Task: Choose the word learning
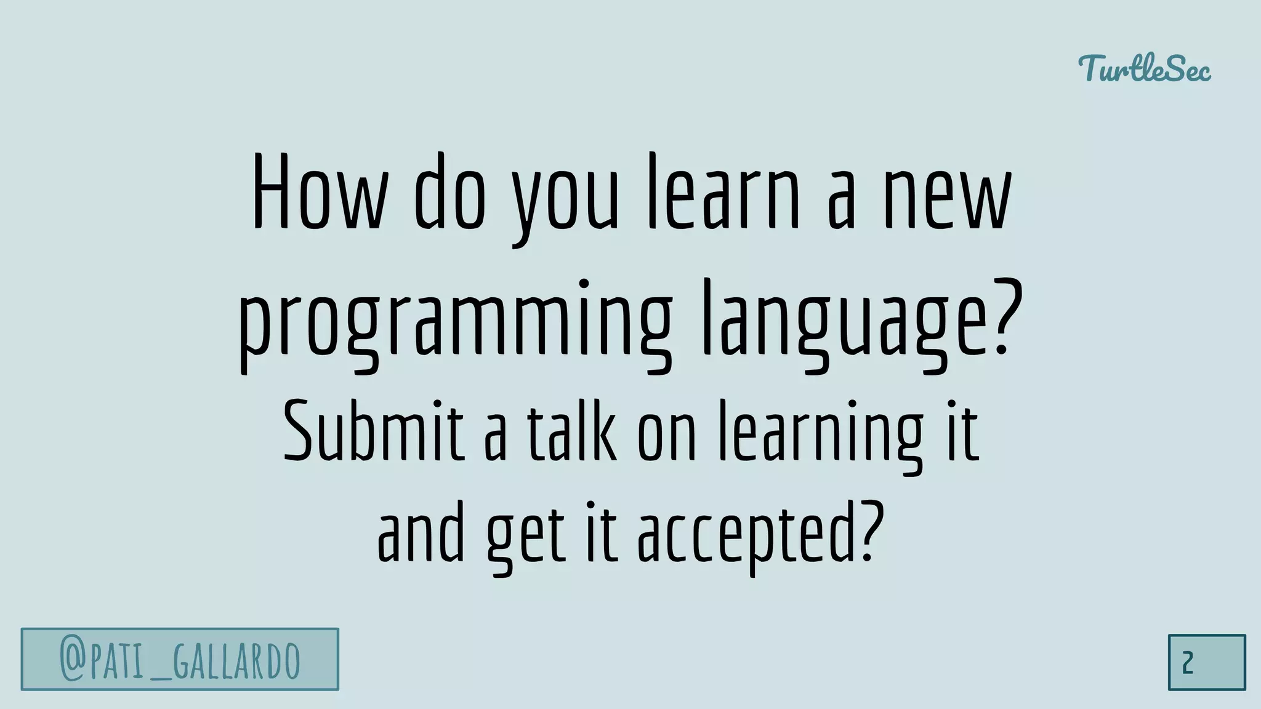coord(821,434)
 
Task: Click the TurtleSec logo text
coord(1145,69)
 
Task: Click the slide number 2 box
coord(1206,662)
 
